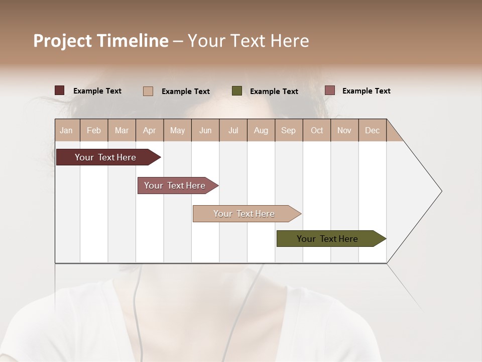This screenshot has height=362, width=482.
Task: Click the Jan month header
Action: pos(66,130)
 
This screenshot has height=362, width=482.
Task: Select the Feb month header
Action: pos(94,130)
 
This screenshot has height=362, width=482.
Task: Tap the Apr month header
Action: pos(149,130)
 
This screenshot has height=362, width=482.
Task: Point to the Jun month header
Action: pos(205,130)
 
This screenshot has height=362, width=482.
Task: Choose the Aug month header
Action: pos(261,130)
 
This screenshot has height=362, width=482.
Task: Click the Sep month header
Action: pos(288,130)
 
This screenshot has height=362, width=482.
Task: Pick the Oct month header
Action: pos(317,130)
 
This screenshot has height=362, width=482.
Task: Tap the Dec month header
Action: pos(372,130)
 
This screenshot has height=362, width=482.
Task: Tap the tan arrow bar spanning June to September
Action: pos(245,214)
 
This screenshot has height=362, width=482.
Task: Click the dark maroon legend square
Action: pos(60,90)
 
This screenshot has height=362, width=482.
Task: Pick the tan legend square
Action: pos(148,91)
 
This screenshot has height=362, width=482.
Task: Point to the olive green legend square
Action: pos(237,91)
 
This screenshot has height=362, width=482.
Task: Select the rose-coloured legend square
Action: pos(329,90)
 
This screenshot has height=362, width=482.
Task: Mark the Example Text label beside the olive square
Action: pos(274,92)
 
